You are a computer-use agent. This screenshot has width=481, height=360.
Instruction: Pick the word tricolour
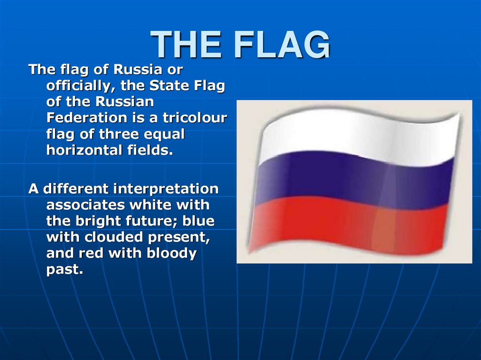[x=195, y=118]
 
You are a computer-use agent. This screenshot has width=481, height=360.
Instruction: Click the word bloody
[x=171, y=253]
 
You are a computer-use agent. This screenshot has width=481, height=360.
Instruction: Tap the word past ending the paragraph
[x=64, y=270]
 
